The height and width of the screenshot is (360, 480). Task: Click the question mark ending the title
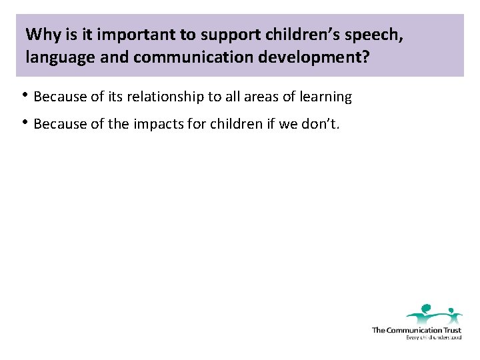(365, 57)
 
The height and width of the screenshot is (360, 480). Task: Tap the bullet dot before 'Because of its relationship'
(27, 95)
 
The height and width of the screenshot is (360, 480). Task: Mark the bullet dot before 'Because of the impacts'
(27, 123)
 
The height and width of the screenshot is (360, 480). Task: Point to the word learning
(325, 97)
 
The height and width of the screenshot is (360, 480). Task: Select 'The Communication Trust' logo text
(416, 330)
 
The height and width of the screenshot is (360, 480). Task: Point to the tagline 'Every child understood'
(433, 337)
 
